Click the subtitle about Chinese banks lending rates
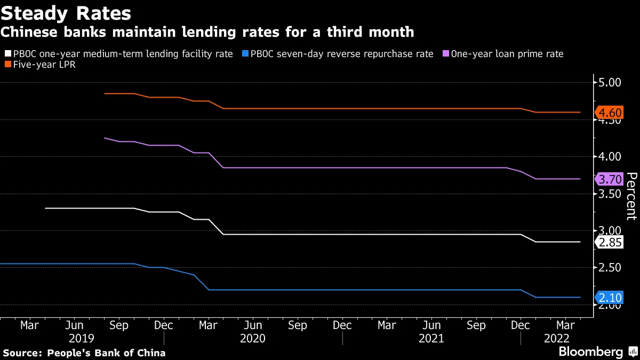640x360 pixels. click(x=207, y=32)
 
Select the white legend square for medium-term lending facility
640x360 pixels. click(x=8, y=54)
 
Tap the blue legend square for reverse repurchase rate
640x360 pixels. click(x=245, y=54)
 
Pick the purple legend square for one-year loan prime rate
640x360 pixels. click(x=446, y=54)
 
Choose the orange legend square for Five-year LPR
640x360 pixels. click(x=8, y=65)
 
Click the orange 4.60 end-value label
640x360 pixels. click(x=609, y=113)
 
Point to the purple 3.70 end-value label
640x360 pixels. click(x=609, y=179)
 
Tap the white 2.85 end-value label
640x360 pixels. click(x=609, y=242)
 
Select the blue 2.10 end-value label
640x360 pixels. click(x=609, y=298)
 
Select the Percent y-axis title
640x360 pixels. click(x=631, y=196)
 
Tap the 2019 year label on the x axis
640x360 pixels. click(x=82, y=339)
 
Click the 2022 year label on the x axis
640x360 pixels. click(x=556, y=339)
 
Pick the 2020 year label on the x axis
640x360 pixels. click(x=253, y=339)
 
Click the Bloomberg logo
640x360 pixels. click(x=590, y=352)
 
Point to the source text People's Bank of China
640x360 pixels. click(x=84, y=353)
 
